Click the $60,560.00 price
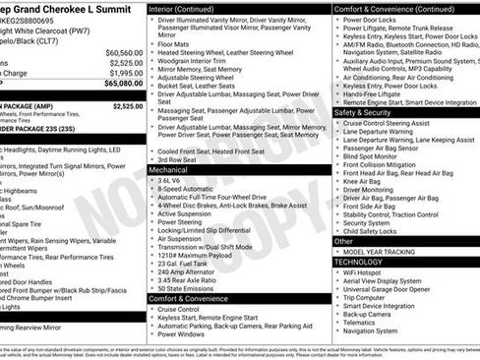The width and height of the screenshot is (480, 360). click(x=124, y=52)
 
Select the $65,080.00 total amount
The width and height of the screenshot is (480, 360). click(x=124, y=84)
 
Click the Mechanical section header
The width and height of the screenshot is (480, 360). click(x=168, y=169)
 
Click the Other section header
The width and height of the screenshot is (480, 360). click(x=343, y=240)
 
